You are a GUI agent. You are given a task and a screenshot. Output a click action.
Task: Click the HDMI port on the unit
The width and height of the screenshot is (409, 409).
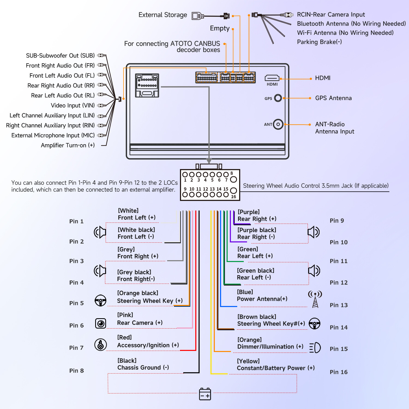coord(272,78)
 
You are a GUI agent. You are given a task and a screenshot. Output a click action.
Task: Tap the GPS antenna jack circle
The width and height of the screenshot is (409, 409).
coord(278,98)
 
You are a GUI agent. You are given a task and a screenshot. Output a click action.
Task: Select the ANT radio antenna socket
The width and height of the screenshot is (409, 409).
coord(278,124)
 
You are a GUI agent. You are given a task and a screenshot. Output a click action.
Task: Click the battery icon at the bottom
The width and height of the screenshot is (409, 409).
coord(205,394)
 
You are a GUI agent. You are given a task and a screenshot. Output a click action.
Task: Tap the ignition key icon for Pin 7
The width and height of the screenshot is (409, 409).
coord(100,345)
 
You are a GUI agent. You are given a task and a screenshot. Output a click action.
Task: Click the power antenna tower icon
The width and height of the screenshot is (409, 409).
coord(315,299)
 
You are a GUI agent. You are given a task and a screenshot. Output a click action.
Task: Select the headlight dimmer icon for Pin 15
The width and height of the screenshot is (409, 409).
coord(315,347)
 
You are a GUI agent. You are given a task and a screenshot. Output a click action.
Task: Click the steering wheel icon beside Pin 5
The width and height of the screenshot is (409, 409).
coord(100,300)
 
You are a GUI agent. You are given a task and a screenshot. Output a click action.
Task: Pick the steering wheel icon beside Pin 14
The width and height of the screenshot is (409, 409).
coord(315,324)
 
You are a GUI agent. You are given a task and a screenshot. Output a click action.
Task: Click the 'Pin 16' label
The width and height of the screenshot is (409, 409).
coord(339,372)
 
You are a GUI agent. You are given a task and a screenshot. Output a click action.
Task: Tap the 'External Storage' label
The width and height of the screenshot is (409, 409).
coord(163,15)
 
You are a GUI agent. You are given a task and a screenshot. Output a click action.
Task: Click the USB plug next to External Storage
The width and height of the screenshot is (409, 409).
coord(198,16)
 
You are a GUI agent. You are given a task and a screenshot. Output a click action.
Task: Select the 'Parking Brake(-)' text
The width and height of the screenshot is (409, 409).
coord(319,42)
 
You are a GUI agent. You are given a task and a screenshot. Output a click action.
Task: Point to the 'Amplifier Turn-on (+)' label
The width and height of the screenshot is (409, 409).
coord(68,145)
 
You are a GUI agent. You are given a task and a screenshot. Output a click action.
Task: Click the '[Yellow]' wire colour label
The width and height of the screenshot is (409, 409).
coord(248,361)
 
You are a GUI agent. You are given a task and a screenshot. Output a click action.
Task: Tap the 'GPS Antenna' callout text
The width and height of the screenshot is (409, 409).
coord(333,98)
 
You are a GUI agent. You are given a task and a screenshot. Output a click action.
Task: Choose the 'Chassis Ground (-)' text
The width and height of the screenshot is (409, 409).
coord(143,368)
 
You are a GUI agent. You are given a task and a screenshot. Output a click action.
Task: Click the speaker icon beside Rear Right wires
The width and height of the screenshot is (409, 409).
coord(314,232)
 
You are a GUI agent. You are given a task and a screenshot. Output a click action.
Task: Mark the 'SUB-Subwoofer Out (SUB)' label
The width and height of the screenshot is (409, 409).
coord(60,56)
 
